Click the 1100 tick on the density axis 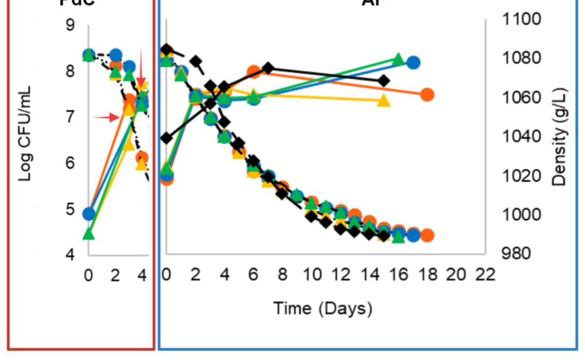click(521, 19)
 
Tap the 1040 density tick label click(521, 136)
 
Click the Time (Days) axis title click(322, 308)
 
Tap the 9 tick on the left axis click(70, 25)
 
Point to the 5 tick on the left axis click(70, 209)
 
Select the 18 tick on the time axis click(428, 274)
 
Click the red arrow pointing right click(106, 118)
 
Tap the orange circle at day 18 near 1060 click(427, 95)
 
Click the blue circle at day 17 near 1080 click(413, 63)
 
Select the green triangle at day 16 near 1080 click(398, 60)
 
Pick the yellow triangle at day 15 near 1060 click(384, 100)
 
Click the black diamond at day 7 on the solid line click(268, 68)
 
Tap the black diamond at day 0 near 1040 click(167, 138)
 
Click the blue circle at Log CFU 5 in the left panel click(89, 214)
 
